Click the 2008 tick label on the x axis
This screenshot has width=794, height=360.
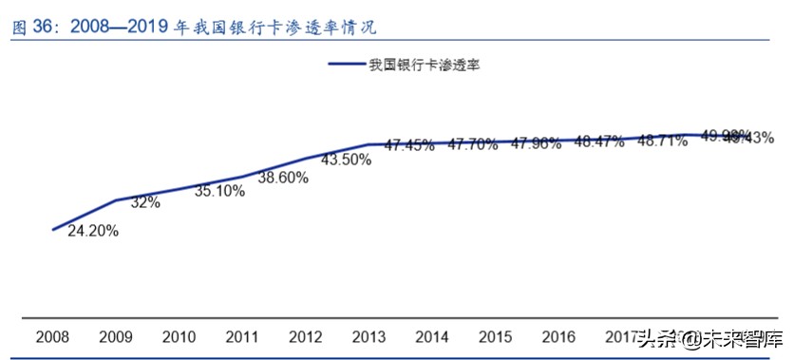(54, 337)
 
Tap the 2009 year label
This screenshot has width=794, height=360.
(117, 337)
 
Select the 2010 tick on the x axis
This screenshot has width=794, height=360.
(180, 337)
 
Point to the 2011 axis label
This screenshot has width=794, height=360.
(242, 337)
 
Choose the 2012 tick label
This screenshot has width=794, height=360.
(305, 337)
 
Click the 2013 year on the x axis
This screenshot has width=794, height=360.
(368, 337)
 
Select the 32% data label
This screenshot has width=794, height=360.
(145, 202)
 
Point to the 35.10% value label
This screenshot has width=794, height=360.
(219, 190)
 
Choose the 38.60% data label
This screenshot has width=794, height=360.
(283, 177)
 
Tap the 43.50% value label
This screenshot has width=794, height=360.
(345, 160)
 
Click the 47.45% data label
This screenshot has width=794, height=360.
(409, 145)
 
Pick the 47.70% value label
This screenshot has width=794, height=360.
(472, 144)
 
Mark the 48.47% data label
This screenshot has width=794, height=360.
(598, 142)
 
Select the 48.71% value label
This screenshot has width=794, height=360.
(662, 141)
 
